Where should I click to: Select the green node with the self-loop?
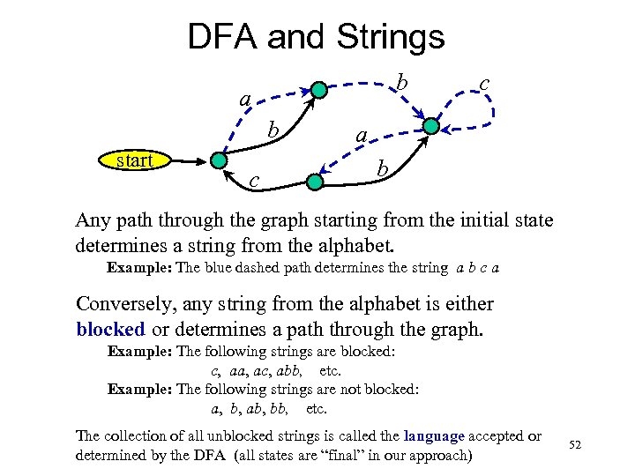430,126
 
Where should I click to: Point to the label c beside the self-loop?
484,81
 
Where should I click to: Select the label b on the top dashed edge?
400,82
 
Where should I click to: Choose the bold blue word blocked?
110,329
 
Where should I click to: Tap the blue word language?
434,435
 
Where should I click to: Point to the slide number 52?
575,445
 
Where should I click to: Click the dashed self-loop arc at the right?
491,113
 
